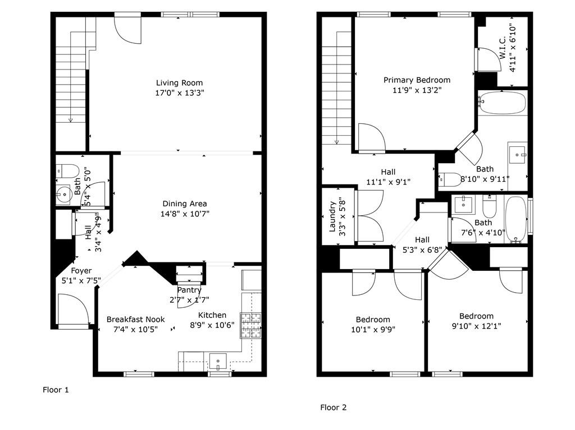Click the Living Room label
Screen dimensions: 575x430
[x=179, y=83]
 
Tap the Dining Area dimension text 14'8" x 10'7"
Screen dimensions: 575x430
[x=185, y=214]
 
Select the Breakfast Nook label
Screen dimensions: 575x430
[x=136, y=320]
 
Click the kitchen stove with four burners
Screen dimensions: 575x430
[x=251, y=325]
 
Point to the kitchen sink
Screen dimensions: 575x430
[x=218, y=362]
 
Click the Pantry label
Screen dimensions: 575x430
[x=189, y=290]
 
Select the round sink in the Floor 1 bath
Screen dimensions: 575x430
[x=64, y=194]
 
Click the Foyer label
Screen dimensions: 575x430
[x=81, y=271]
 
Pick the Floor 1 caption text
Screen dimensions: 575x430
[x=56, y=390]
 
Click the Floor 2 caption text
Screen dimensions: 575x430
[x=334, y=407]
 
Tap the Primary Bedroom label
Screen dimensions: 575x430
[x=417, y=80]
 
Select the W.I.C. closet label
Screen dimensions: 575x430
[x=503, y=47]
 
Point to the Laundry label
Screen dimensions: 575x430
[x=332, y=216]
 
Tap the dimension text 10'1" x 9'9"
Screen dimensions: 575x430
[x=373, y=329]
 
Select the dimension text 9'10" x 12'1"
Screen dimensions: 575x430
[x=477, y=326]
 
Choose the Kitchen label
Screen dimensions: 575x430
[x=212, y=315]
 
